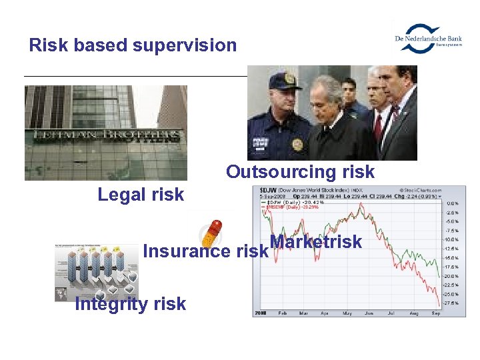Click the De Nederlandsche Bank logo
(x=428, y=37)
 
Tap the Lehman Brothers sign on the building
(x=107, y=135)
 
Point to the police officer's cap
(x=285, y=81)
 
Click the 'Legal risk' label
(x=141, y=195)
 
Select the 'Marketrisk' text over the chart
(x=315, y=242)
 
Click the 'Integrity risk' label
(x=131, y=304)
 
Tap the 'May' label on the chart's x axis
(x=347, y=313)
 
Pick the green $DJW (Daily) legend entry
(x=285, y=202)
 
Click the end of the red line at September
(x=439, y=306)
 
